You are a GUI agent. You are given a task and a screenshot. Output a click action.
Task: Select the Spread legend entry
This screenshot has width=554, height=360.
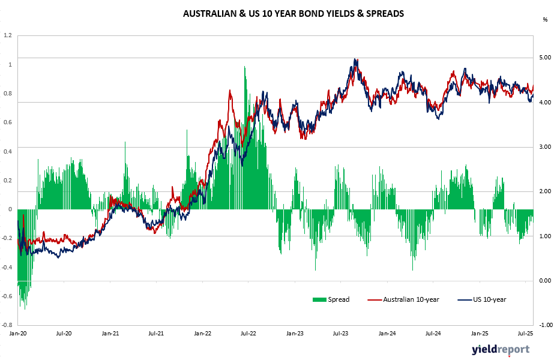(x=331, y=299)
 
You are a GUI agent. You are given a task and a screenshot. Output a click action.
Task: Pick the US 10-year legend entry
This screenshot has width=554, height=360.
(x=482, y=299)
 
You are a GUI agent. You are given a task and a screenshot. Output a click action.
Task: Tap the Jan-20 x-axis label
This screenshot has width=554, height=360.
(x=18, y=332)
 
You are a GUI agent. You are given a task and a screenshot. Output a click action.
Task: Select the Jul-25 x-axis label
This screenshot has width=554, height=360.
(x=525, y=332)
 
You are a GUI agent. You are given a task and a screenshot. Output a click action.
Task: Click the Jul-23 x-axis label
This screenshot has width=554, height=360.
(x=341, y=332)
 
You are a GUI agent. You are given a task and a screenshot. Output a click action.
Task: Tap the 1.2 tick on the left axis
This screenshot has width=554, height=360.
(x=7, y=35)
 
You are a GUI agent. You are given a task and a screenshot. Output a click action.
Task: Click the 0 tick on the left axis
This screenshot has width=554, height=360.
(x=10, y=209)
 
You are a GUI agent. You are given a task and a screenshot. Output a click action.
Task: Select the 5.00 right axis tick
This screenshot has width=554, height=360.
(x=544, y=58)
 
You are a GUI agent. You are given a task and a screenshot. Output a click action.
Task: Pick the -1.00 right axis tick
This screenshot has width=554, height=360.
(x=544, y=325)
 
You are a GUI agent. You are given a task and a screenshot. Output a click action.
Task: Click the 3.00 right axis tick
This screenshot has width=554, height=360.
(x=544, y=147)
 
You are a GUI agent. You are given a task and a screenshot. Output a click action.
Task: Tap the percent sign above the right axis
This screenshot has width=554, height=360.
(x=544, y=20)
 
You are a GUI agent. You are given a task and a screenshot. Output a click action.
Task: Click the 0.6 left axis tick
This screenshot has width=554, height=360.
(x=7, y=122)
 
